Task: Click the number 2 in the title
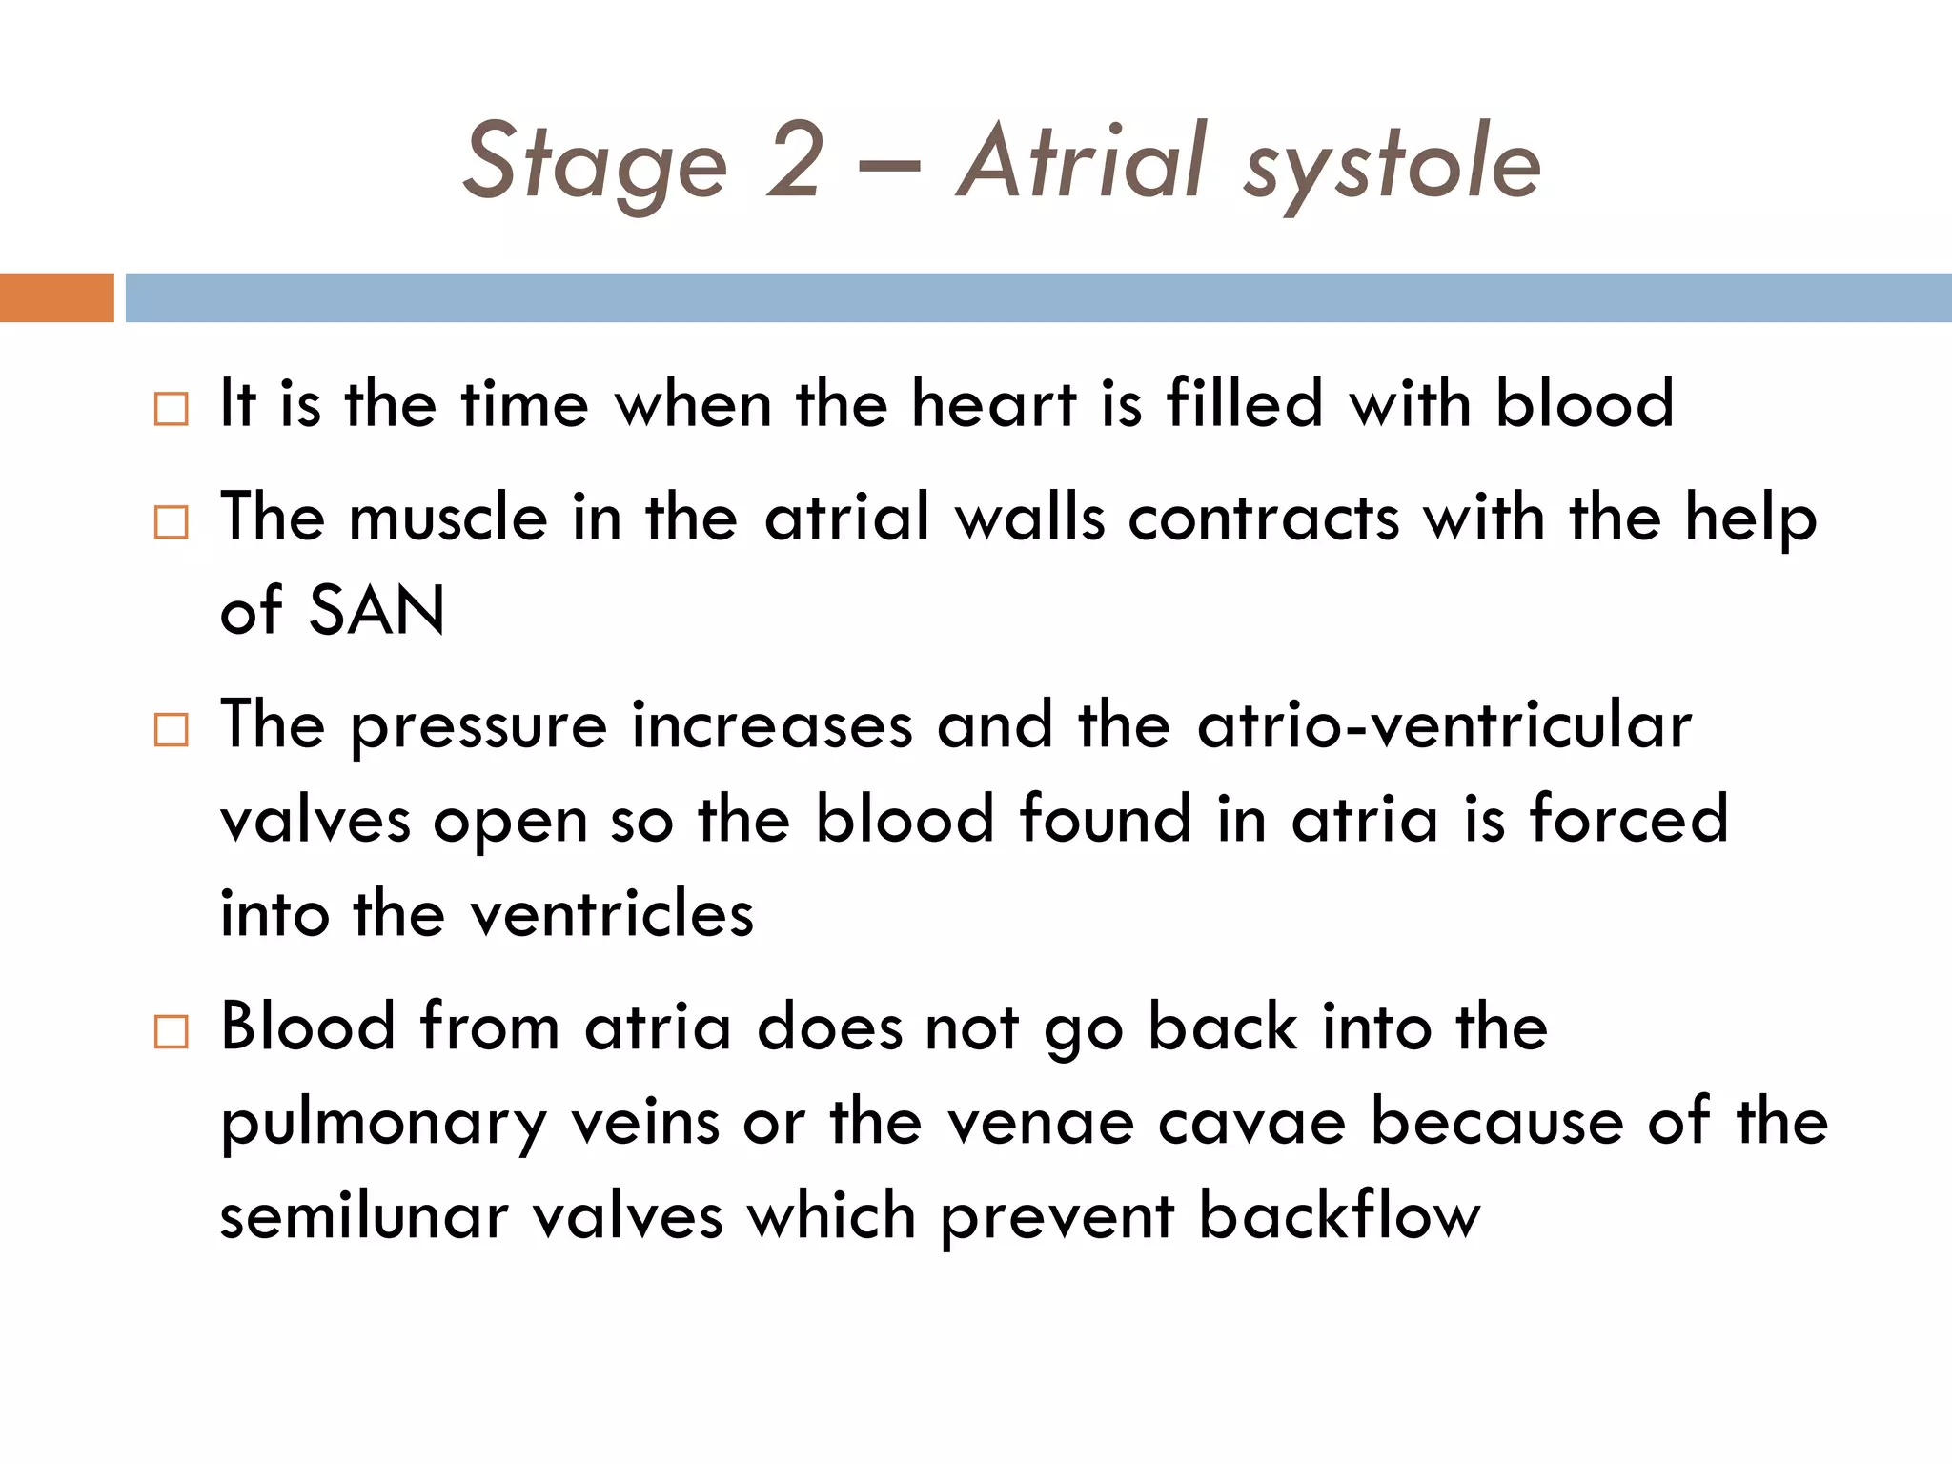click(x=793, y=162)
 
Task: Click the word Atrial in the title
click(x=1082, y=162)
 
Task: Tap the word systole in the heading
click(x=1392, y=167)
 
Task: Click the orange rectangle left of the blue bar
click(x=56, y=297)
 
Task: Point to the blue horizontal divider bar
click(x=1038, y=297)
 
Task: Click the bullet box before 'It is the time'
click(x=172, y=409)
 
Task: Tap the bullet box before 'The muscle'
click(x=172, y=522)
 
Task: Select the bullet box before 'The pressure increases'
click(x=172, y=730)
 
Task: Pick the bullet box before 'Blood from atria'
click(x=172, y=1032)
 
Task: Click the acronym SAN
click(x=377, y=610)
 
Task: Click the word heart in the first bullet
click(x=993, y=404)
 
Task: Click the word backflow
click(x=1339, y=1217)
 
